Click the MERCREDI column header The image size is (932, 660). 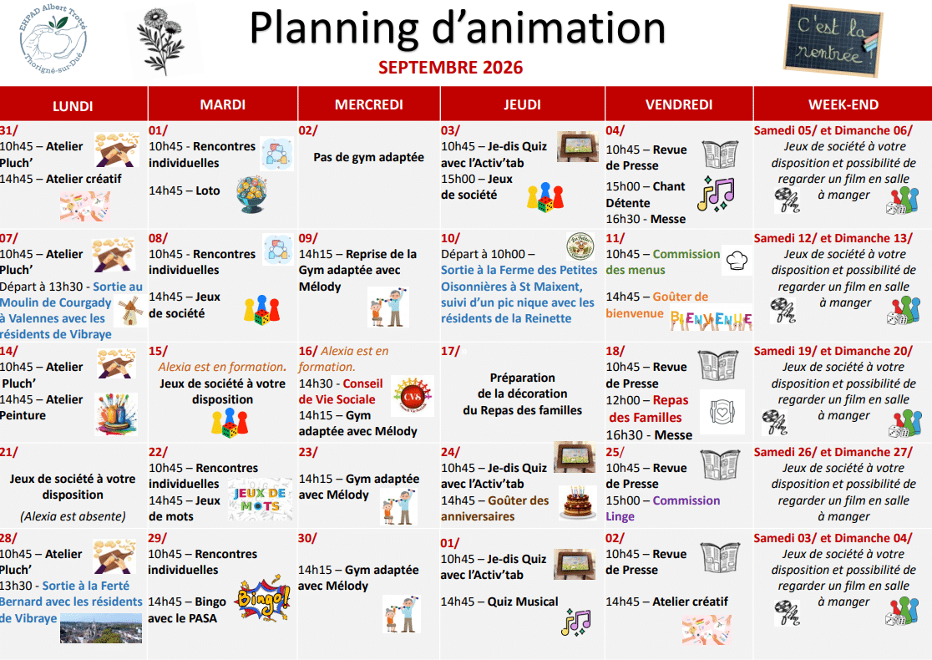click(368, 104)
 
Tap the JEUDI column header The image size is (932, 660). click(522, 104)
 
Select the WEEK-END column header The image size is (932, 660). click(843, 104)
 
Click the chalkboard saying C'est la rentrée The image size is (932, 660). click(833, 40)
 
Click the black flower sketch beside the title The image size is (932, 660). click(160, 40)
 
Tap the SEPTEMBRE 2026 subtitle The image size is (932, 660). click(450, 68)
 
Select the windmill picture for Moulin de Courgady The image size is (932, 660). click(131, 311)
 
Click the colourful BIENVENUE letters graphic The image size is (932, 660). click(711, 320)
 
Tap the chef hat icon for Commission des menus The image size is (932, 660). click(737, 260)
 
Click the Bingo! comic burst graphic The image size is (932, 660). click(263, 598)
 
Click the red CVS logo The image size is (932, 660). click(413, 396)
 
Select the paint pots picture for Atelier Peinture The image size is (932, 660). click(117, 414)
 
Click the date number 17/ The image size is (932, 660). click(450, 352)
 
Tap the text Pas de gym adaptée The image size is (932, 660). click(368, 158)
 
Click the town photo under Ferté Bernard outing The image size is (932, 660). click(101, 628)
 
